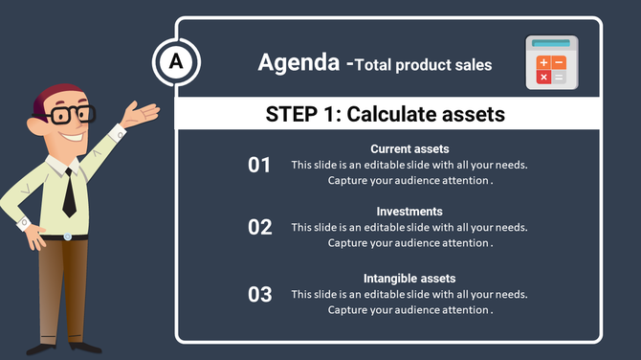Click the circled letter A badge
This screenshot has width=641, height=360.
176,63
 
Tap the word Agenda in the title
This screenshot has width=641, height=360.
299,63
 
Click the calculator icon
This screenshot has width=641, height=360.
552,60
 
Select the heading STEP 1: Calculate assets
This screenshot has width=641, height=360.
385,115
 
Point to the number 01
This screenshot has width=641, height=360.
260,166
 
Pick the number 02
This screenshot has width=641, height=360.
260,228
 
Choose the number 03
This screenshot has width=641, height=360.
260,294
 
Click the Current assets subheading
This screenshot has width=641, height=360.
409,148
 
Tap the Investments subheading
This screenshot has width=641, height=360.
409,211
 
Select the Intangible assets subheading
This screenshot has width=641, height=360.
409,278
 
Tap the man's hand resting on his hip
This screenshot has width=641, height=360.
35,232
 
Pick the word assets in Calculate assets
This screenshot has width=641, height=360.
469,115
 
